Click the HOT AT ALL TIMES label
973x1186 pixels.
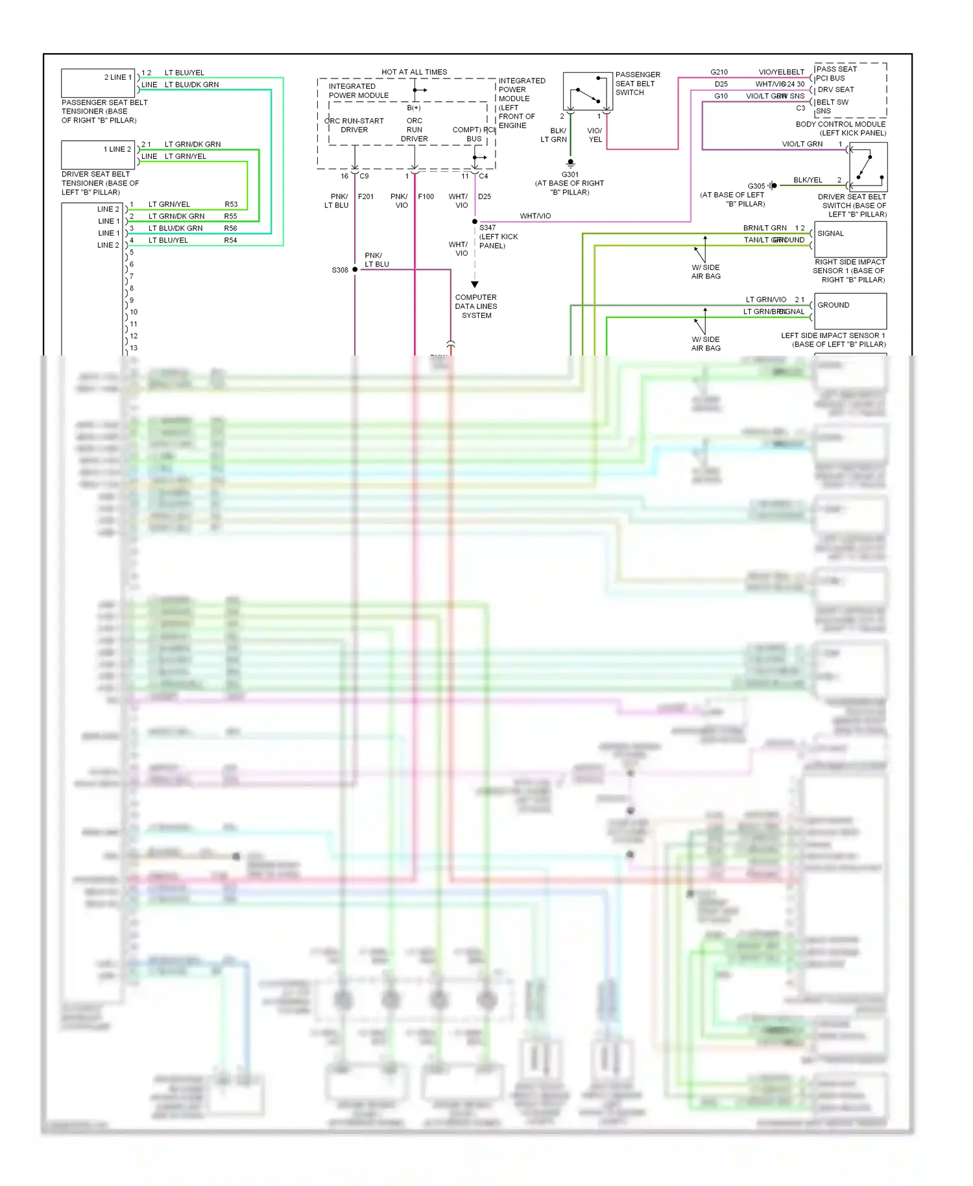414,72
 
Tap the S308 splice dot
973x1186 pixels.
355,269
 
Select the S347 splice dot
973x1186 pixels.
475,222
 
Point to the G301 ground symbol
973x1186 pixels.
570,163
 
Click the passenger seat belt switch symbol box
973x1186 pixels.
588,91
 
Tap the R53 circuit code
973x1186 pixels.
231,204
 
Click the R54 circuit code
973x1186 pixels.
230,241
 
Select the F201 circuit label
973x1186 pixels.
366,197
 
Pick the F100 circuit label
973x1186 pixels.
426,197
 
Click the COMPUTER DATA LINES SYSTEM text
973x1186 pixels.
476,306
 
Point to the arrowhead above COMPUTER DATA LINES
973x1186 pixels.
475,284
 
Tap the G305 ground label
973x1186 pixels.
756,186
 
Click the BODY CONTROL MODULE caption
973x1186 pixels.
841,124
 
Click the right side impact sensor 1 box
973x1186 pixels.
850,239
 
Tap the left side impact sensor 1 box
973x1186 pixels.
850,311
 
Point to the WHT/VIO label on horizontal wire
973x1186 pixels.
535,216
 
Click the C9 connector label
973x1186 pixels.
364,176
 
